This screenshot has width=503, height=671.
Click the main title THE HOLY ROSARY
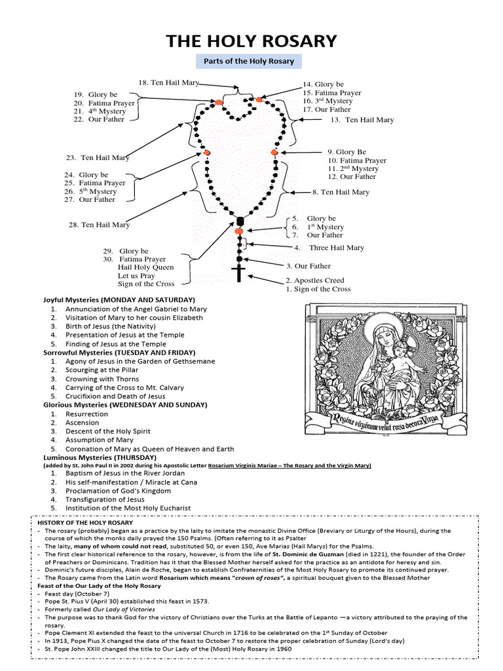tap(251, 41)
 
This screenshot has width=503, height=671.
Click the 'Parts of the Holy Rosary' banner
tap(249, 62)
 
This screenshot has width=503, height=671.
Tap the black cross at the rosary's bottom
tap(238, 273)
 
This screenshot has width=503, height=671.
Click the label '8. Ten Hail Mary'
tap(341, 192)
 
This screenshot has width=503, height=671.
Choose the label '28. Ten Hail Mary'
tap(99, 225)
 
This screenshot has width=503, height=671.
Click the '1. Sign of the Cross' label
tap(318, 289)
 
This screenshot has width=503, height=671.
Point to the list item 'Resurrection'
tap(86, 414)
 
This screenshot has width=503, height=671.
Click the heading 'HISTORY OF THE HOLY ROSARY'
tap(85, 522)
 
